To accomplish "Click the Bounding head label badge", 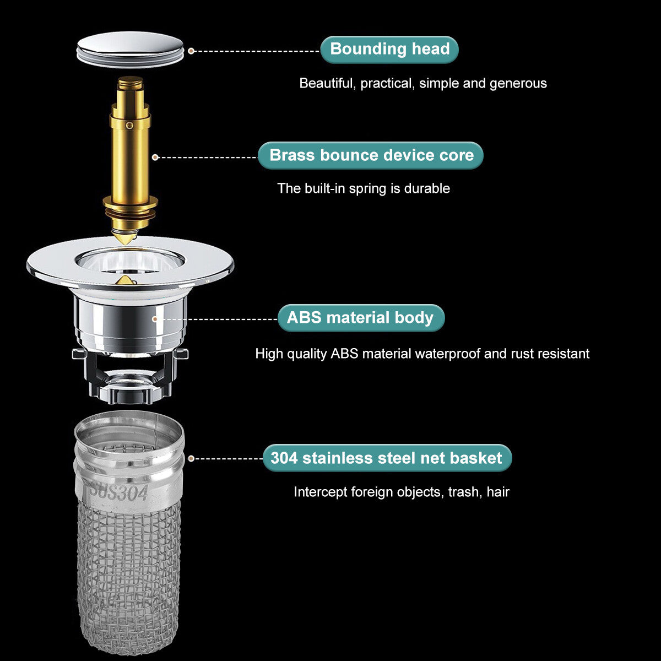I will (389, 50).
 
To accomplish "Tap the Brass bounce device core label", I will (371, 155).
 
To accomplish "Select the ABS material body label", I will (361, 318).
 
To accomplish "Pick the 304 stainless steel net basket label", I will (387, 458).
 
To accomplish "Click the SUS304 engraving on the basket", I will (119, 491).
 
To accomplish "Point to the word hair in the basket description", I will (498, 492).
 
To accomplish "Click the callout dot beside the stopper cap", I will (191, 51).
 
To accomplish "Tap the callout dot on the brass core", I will (155, 157).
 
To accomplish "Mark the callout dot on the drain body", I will (155, 319).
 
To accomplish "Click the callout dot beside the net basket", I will (191, 458).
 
